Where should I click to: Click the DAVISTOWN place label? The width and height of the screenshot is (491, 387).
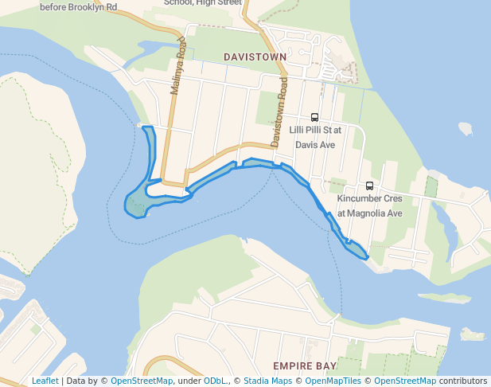(254, 57)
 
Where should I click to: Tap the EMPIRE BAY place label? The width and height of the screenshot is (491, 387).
(304, 365)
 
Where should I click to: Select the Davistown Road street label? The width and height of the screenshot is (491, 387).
(279, 112)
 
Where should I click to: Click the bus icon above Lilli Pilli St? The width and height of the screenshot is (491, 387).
(314, 117)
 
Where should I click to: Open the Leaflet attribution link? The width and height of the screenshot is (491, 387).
(45, 381)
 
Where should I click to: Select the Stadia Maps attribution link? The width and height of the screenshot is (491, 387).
(267, 381)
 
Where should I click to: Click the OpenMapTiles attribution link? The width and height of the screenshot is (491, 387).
(332, 381)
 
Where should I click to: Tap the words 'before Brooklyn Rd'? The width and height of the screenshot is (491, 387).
(78, 6)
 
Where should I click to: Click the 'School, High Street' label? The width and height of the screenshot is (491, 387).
(203, 3)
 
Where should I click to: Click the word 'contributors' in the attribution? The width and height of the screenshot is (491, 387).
(463, 381)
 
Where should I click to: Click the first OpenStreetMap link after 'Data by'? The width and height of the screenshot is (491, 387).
(141, 381)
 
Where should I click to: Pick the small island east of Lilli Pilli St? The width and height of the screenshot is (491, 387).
(466, 128)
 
